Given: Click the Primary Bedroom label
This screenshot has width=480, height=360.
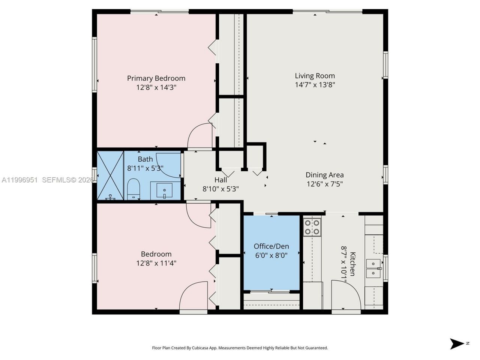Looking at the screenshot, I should (156, 78).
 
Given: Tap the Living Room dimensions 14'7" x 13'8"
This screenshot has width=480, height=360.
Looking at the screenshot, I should (315, 85).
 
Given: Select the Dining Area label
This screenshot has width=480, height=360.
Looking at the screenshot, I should (324, 175).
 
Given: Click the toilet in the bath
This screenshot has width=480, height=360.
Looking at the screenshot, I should (133, 189).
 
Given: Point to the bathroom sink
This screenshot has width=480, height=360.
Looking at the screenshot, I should (164, 190).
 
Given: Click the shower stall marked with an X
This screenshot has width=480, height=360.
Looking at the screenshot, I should (110, 175).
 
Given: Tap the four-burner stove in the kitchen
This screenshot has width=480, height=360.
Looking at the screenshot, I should (312, 227).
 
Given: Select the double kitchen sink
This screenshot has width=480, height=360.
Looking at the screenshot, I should (373, 268).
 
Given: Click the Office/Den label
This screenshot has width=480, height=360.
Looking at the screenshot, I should (271, 246).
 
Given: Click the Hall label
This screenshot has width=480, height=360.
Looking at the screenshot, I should (220, 180).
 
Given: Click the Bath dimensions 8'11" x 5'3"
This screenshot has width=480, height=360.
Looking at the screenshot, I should (145, 168).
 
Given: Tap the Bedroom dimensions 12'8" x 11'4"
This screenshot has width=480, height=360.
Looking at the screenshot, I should (156, 263).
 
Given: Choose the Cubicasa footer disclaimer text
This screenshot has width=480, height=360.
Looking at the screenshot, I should (240, 348).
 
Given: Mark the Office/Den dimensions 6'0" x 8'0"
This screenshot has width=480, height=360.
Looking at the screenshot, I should (271, 255).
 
